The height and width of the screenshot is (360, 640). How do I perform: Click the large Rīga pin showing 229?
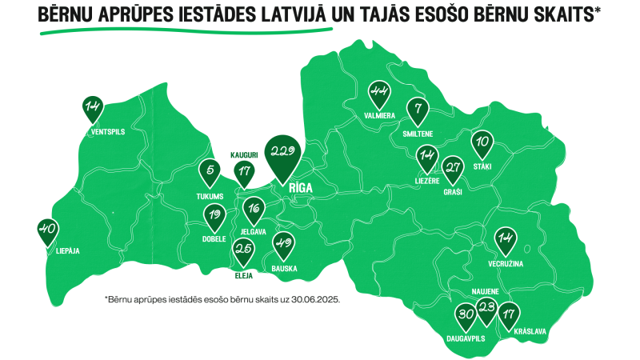click(x=284, y=154)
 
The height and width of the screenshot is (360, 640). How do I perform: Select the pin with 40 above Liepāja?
click(x=48, y=230)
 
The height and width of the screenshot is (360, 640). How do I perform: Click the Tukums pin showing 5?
click(x=210, y=172)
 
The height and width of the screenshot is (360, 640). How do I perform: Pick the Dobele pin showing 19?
click(x=214, y=215)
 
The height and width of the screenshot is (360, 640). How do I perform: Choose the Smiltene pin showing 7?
click(x=417, y=110)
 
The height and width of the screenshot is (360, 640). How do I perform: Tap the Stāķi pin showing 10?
click(x=482, y=143)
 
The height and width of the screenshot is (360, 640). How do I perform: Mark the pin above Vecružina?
click(x=505, y=238)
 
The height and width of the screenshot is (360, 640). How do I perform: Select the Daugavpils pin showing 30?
click(x=466, y=316)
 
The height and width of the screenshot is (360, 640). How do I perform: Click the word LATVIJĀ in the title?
click(x=286, y=14)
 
